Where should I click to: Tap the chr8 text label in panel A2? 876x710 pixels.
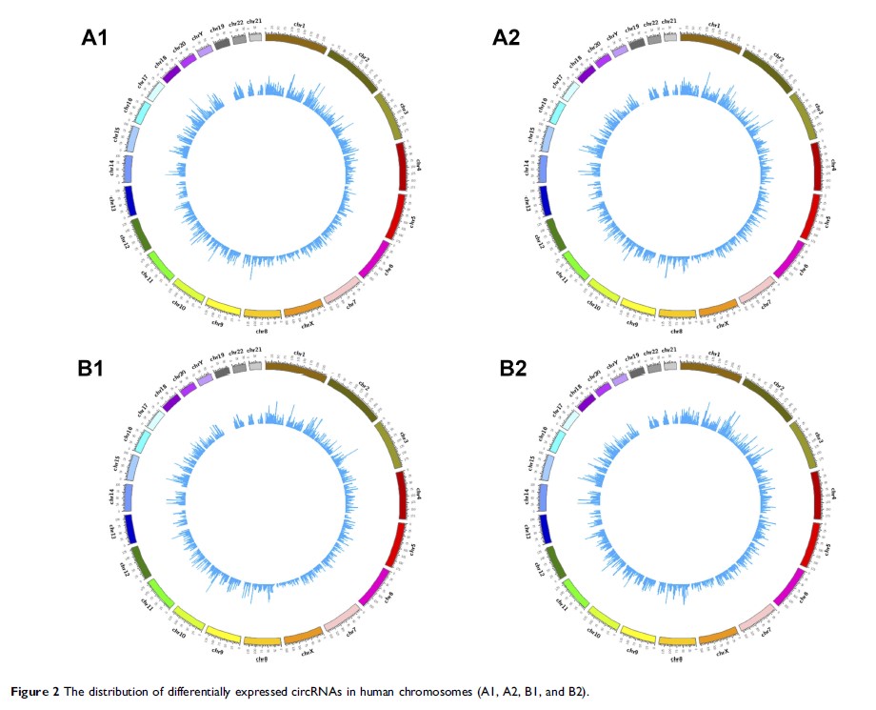[x=676, y=331]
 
